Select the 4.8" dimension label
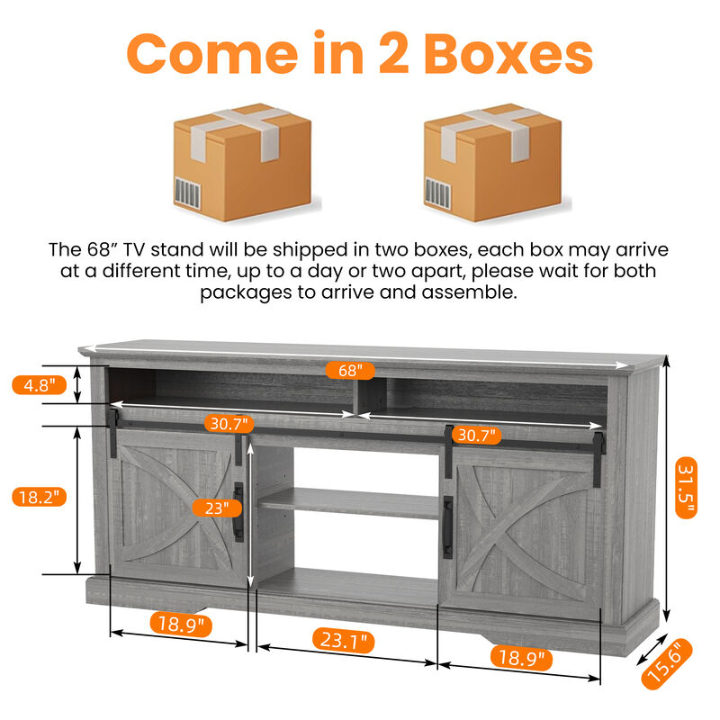point(39,385)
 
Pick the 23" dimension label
point(216,508)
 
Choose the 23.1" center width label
point(344,642)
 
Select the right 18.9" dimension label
point(519,658)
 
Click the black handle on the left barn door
point(238,512)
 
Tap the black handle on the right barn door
point(447,526)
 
